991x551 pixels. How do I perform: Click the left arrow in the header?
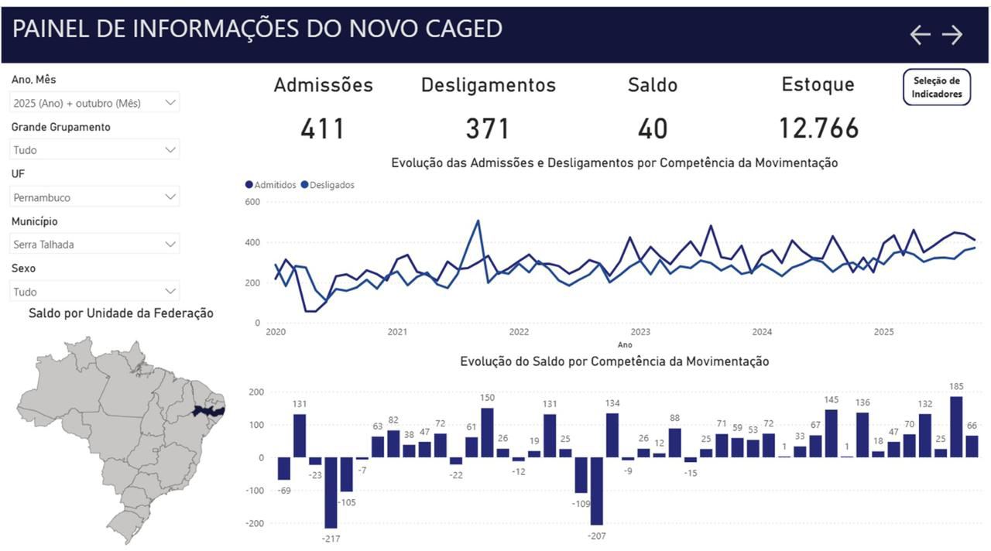coord(920,35)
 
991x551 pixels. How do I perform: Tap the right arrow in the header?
coord(952,35)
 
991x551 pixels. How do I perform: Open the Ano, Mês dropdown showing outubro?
coord(94,103)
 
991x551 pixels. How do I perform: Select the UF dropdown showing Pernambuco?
coord(94,197)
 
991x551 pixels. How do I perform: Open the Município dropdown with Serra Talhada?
coord(94,245)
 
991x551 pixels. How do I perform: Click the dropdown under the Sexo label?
coord(94,292)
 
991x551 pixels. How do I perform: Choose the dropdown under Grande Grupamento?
coord(94,150)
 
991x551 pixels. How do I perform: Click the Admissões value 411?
coord(323,128)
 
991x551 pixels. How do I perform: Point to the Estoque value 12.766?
coord(818,128)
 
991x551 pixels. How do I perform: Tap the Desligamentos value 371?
coord(488,128)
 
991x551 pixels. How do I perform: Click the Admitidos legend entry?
coord(271,185)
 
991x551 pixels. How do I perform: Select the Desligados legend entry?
coord(327,185)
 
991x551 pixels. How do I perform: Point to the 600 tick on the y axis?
coord(252,202)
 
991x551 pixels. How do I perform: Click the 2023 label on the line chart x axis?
coord(640,332)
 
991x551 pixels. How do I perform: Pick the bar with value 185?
coord(956,426)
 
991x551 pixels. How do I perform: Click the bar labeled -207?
coord(596,491)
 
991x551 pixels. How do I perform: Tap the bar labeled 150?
coord(487,433)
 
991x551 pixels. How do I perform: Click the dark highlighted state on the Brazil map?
coord(208,411)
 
